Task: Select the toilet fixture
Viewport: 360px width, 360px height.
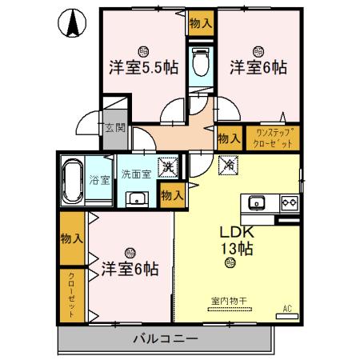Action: (x=202, y=62)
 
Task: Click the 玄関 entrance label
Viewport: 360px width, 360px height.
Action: (x=114, y=127)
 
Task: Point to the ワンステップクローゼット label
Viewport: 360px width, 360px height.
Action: (x=274, y=137)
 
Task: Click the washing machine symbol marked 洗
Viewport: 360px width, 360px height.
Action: (x=167, y=167)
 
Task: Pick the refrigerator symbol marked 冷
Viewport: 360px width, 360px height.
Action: (x=227, y=167)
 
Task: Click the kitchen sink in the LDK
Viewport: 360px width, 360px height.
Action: (x=258, y=202)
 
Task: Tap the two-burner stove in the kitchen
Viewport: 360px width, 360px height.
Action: (x=288, y=202)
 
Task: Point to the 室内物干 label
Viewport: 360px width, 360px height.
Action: (x=228, y=301)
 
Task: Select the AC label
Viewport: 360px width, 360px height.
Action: (x=286, y=308)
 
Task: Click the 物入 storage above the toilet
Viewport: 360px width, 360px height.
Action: (x=201, y=24)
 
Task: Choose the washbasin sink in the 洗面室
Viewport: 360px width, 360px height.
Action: (x=137, y=199)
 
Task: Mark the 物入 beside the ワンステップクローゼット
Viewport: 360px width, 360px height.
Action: (x=230, y=138)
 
